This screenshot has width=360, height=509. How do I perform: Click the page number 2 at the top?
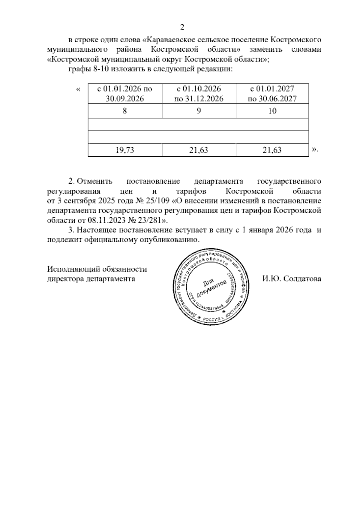click(181, 28)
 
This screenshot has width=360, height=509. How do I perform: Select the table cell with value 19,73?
click(124, 150)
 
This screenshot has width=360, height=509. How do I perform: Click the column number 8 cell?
click(124, 111)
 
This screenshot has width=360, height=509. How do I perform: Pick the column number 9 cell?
click(199, 111)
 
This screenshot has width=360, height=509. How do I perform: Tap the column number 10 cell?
click(272, 111)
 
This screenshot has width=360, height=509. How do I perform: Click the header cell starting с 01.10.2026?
click(199, 93)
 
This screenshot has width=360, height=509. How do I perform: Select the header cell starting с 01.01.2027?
click(272, 93)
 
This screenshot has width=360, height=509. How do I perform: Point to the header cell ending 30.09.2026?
click(124, 93)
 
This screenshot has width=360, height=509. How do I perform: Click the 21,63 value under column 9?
click(199, 150)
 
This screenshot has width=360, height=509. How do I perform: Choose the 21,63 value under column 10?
click(272, 150)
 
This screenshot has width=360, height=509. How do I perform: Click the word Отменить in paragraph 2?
click(94, 182)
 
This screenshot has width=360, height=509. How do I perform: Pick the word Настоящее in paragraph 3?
click(97, 230)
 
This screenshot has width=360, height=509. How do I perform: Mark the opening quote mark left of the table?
click(79, 89)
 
